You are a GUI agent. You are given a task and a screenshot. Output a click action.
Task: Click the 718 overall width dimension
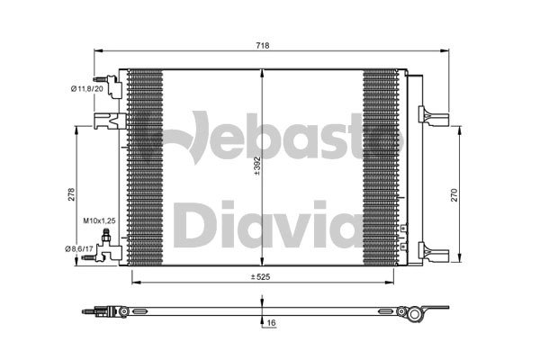(263, 46)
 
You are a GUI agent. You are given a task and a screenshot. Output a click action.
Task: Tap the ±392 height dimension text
(256, 166)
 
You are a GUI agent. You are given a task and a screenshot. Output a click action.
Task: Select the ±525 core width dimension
(260, 276)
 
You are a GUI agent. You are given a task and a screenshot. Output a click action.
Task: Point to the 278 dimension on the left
(71, 194)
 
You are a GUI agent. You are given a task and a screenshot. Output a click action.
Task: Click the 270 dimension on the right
(454, 195)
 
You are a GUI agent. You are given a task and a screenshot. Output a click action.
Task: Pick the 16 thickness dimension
(272, 323)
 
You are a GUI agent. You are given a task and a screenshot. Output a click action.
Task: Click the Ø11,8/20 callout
(86, 89)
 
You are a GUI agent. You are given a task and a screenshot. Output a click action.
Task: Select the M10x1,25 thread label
(99, 220)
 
